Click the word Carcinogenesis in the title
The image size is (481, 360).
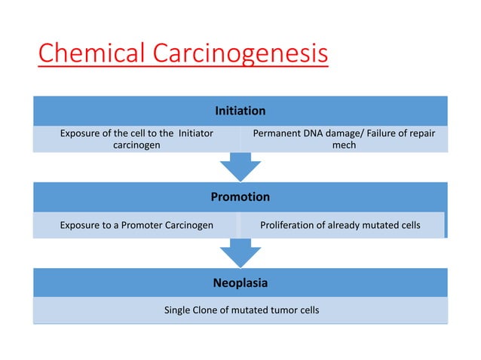240,55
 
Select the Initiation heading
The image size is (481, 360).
240,111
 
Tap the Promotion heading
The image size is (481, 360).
240,197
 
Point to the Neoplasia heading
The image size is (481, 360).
240,283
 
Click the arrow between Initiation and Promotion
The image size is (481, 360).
240,166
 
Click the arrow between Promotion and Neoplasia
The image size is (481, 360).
240,253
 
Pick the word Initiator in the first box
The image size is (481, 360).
194,133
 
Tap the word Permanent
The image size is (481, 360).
277,133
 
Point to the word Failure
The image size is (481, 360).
382,133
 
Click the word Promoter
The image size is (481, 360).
132,224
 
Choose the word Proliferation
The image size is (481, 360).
290,224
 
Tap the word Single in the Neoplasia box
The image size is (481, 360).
179,310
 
